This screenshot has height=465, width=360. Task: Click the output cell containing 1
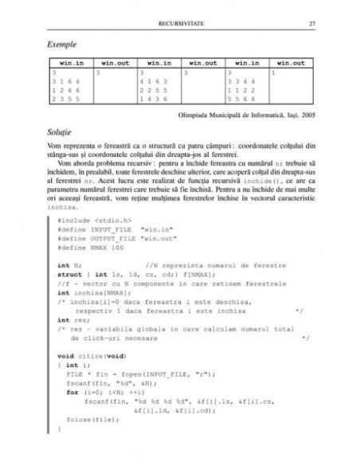(273, 72)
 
